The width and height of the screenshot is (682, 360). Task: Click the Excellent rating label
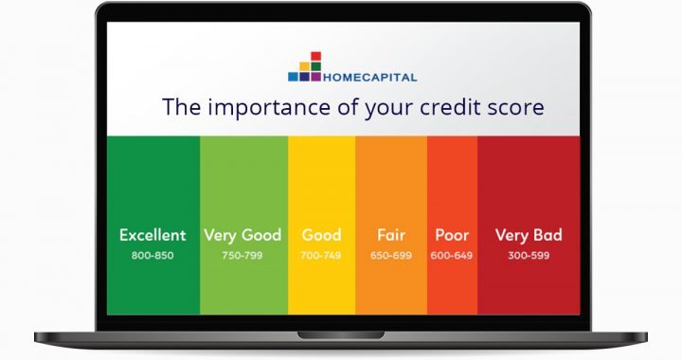(x=153, y=235)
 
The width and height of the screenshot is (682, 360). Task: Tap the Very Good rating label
(x=242, y=235)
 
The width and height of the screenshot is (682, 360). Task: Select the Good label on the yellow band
(x=321, y=235)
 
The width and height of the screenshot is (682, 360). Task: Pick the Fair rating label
(x=390, y=235)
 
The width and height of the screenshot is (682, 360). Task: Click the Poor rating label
(x=452, y=235)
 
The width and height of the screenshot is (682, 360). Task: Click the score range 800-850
(x=153, y=255)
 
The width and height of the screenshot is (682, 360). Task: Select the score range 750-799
(x=242, y=255)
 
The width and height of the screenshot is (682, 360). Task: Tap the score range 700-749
(x=321, y=255)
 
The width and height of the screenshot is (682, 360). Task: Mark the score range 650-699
(x=390, y=255)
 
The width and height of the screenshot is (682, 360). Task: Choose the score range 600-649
(x=452, y=255)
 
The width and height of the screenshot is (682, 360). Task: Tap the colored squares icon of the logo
(x=304, y=68)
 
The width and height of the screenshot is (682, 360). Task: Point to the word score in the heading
(x=520, y=107)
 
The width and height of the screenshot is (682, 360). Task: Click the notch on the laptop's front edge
(x=341, y=334)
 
